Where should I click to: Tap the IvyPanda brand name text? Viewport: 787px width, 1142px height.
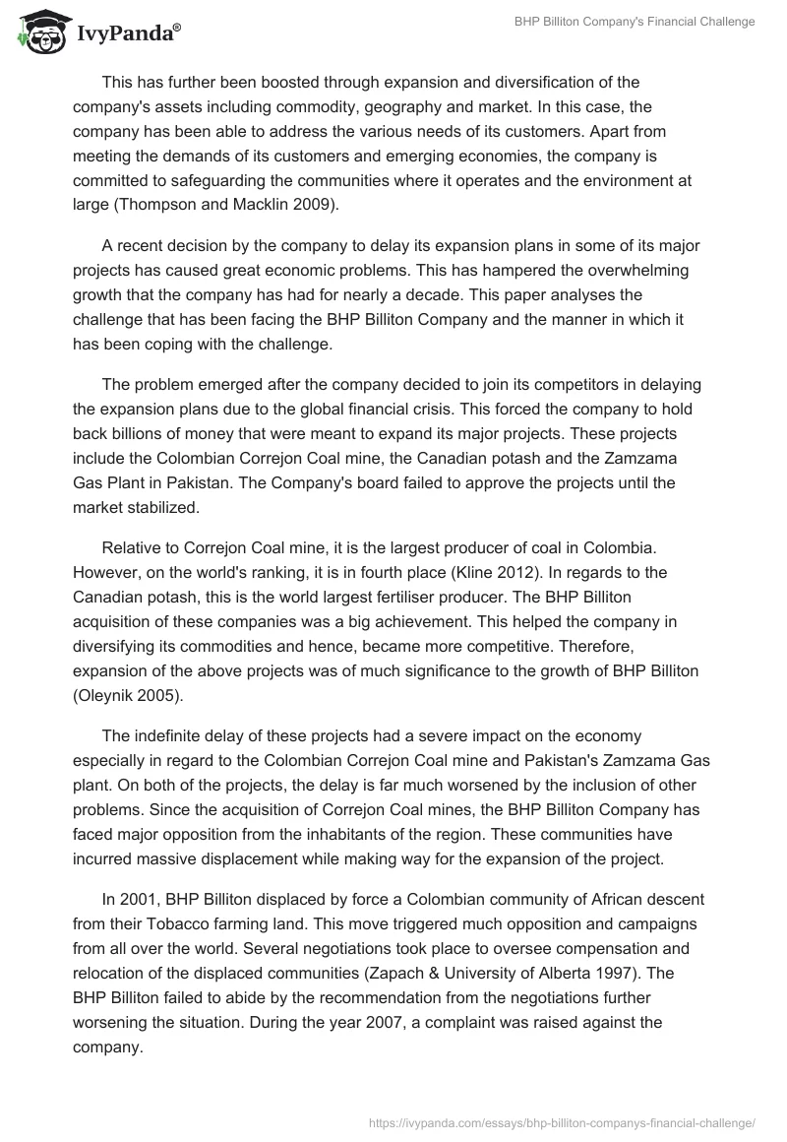point(127,32)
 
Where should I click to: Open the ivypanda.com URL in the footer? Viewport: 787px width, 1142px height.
point(560,1121)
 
